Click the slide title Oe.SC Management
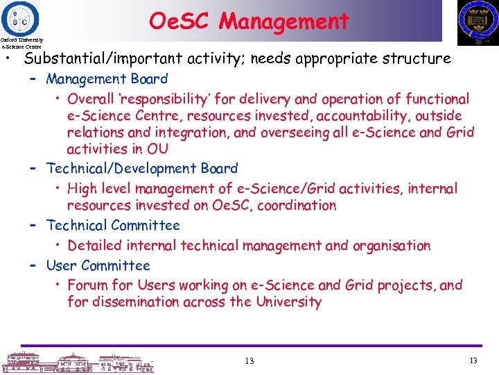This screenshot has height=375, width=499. click(249, 21)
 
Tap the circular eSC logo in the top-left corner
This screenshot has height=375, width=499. click(21, 17)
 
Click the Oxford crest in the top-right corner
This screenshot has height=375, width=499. click(478, 22)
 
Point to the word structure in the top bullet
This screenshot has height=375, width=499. click(420, 59)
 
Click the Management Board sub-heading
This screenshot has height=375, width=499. click(107, 79)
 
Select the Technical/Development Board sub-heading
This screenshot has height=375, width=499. click(141, 168)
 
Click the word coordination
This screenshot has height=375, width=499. click(293, 206)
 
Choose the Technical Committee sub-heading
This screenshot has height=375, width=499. click(112, 225)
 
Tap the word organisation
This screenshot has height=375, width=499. click(391, 245)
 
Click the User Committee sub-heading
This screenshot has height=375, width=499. click(98, 265)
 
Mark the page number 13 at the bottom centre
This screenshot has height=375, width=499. click(249, 361)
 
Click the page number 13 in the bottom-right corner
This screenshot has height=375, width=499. click(473, 360)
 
